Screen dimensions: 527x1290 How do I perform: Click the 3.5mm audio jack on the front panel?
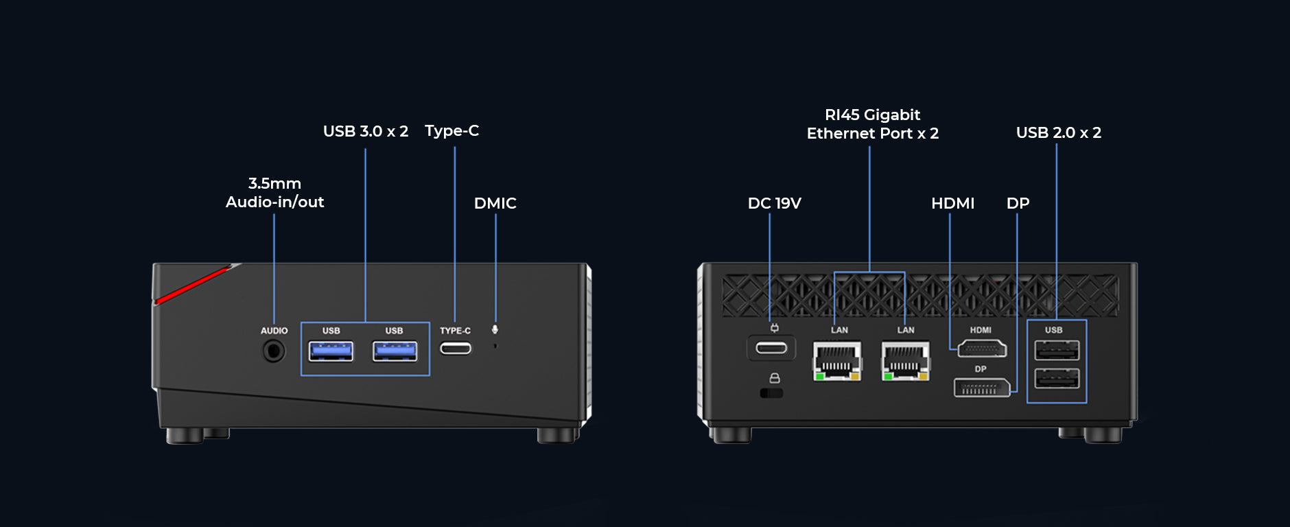(x=274, y=351)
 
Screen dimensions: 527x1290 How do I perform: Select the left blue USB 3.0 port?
(x=331, y=351)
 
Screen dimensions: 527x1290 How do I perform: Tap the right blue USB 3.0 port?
(x=395, y=351)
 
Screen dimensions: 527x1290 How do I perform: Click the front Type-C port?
(x=456, y=349)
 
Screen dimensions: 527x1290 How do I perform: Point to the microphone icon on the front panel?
(x=495, y=330)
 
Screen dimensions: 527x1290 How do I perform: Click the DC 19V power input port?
(x=771, y=348)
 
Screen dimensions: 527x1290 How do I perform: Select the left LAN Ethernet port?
(x=837, y=360)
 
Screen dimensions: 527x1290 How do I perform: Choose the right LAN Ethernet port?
(x=906, y=360)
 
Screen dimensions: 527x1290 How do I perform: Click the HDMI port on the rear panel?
(x=982, y=349)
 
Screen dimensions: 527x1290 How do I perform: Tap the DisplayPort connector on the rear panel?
(x=981, y=388)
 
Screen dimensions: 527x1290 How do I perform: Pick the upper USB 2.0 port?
(x=1057, y=351)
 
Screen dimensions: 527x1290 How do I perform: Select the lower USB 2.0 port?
(x=1057, y=378)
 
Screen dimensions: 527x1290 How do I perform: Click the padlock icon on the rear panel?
(x=775, y=378)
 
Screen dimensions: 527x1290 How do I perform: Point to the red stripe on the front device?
(x=192, y=285)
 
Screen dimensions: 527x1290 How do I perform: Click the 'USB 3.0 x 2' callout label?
(x=366, y=131)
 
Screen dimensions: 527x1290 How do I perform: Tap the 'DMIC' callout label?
(x=495, y=203)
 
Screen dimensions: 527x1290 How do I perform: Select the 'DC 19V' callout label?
(x=774, y=203)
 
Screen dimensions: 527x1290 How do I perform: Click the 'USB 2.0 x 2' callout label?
(x=1058, y=132)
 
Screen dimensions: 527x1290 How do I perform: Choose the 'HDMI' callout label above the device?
(x=952, y=203)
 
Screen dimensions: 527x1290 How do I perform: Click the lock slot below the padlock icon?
(x=771, y=393)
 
